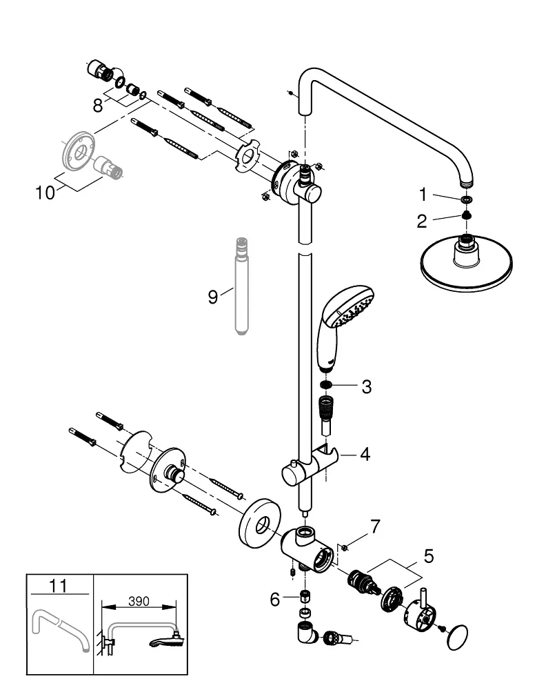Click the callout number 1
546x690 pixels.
pyautogui.click(x=423, y=194)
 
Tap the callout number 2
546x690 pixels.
pyautogui.click(x=422, y=221)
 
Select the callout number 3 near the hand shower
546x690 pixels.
pyautogui.click(x=367, y=387)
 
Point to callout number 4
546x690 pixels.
pyautogui.click(x=365, y=454)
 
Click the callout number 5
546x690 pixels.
pyautogui.click(x=429, y=556)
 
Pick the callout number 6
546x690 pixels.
pyautogui.click(x=275, y=600)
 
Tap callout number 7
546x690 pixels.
pyautogui.click(x=375, y=526)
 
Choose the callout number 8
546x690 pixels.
pyautogui.click(x=98, y=106)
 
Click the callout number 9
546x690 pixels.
pyautogui.click(x=213, y=297)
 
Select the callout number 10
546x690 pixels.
pyautogui.click(x=45, y=193)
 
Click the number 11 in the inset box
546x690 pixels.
pyautogui.click(x=59, y=586)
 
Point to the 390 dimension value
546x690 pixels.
pyautogui.click(x=139, y=601)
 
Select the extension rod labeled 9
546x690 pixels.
pyautogui.click(x=242, y=286)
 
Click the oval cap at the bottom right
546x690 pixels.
pyautogui.click(x=457, y=637)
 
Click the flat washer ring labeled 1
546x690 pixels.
pyautogui.click(x=467, y=200)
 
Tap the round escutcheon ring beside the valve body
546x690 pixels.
pyautogui.click(x=261, y=524)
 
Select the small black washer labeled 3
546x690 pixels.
pyautogui.click(x=326, y=386)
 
